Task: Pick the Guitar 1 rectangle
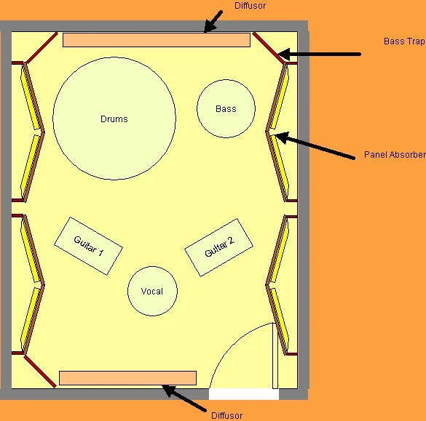[89, 246]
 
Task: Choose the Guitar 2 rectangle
[219, 247]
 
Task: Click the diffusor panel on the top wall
[157, 40]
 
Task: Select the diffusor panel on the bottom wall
[127, 378]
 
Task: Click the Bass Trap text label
[404, 41]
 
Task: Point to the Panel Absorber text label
[395, 155]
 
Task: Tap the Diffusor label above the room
[251, 6]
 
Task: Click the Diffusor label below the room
[227, 416]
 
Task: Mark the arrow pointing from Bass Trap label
[319, 55]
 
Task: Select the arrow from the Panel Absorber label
[314, 145]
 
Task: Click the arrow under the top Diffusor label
[213, 22]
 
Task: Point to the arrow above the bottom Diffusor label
[184, 398]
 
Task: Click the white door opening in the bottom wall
[244, 394]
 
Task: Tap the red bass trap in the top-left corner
[42, 47]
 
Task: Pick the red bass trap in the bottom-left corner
[40, 372]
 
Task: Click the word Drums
[114, 119]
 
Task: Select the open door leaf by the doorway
[275, 356]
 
